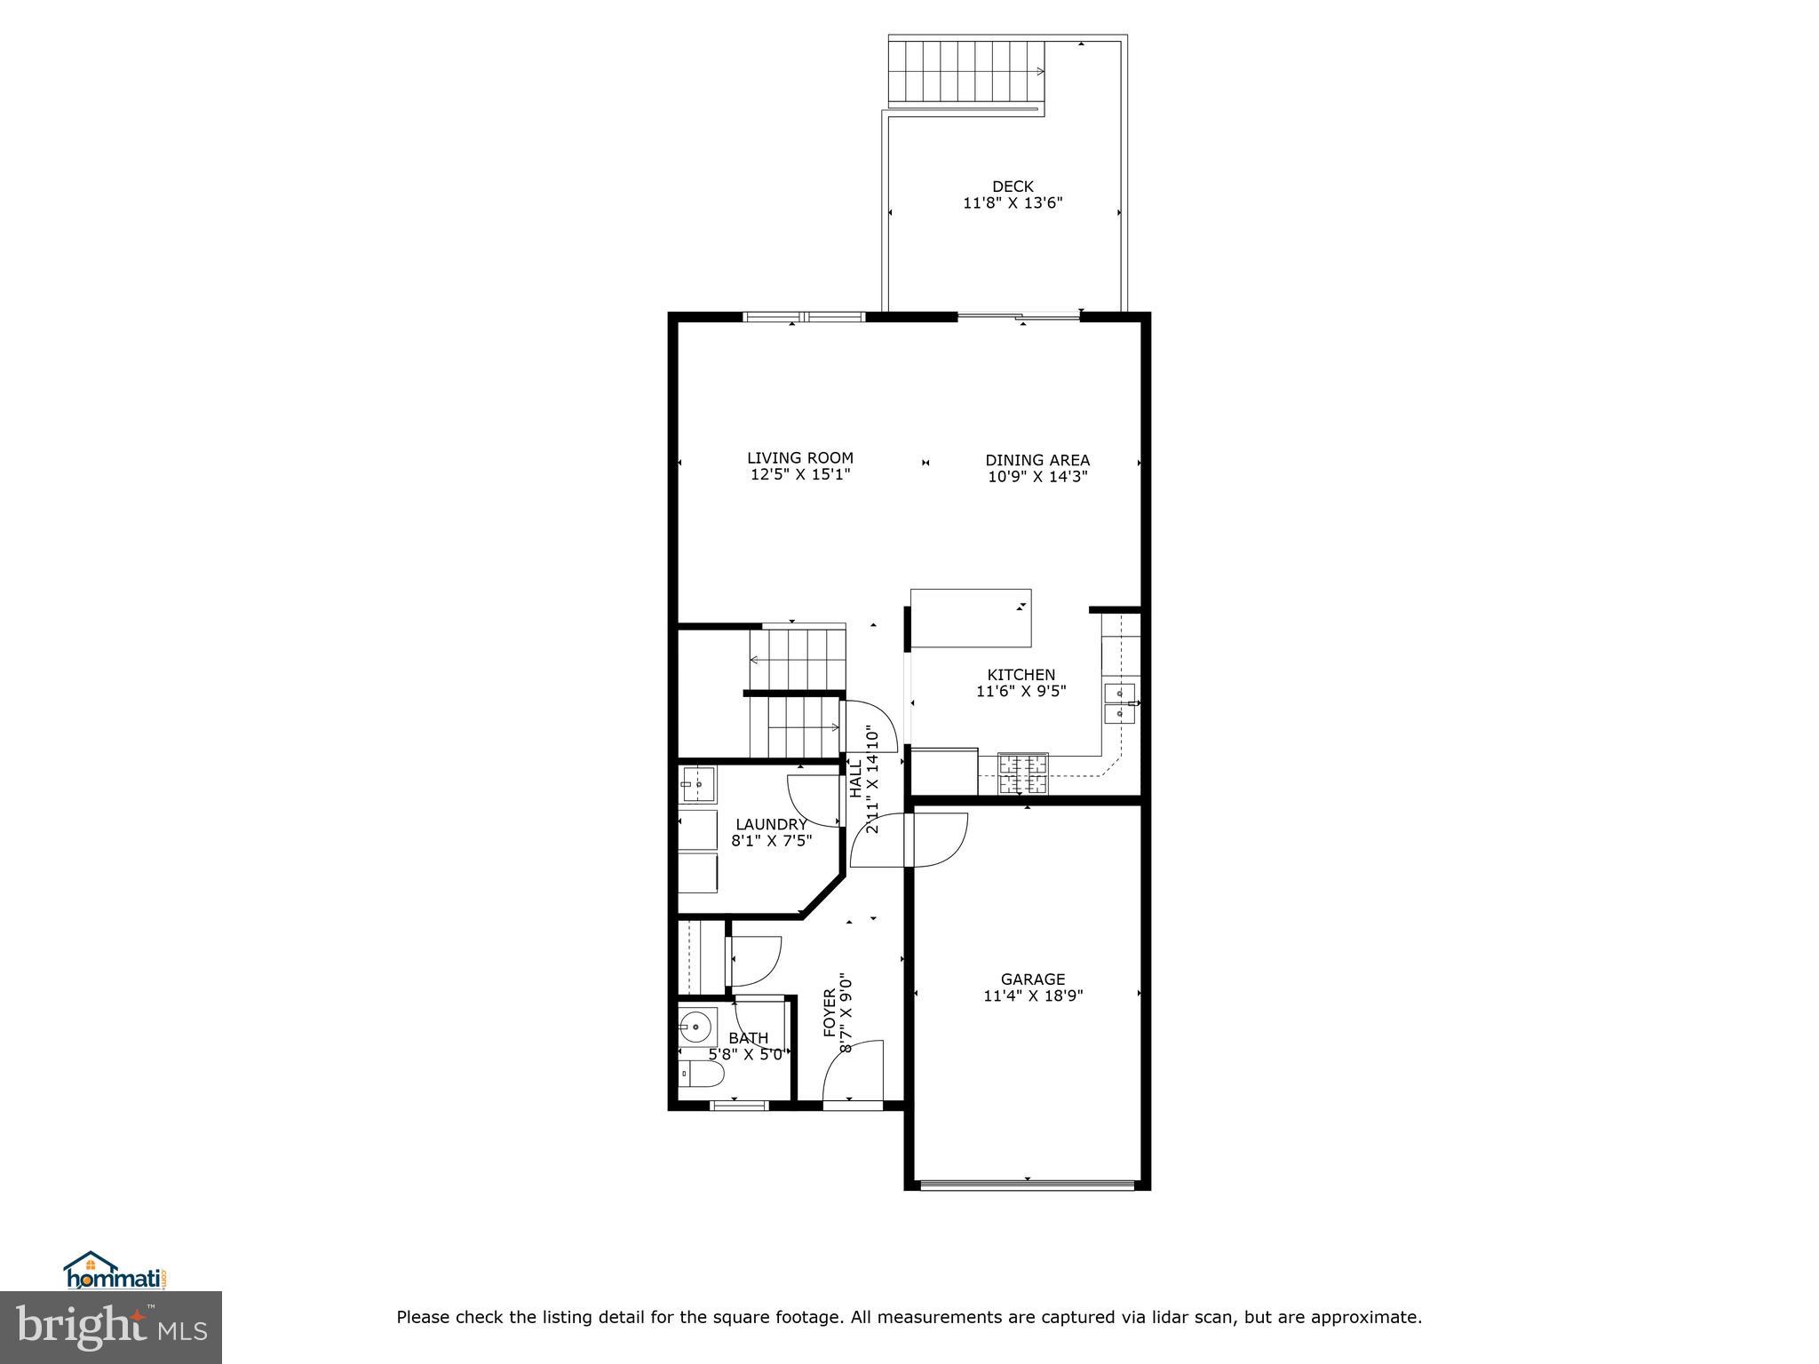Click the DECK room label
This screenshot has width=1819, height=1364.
pos(1013,186)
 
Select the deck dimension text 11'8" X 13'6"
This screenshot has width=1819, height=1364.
pos(1013,203)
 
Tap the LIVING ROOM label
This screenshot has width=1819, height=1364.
pos(799,458)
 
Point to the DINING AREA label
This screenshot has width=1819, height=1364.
pos(1037,460)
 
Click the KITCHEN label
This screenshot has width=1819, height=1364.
pos(1021,675)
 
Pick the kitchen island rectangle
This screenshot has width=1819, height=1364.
pos(971,618)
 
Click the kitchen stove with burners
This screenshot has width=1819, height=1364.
pos(1023,773)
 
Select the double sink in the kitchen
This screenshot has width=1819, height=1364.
pos(1119,702)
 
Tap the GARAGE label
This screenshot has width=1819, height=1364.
pos(1033,979)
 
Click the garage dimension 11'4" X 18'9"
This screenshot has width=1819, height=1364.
pos(1033,996)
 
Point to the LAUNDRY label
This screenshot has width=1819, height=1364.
pos(771,824)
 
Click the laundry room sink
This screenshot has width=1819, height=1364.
pos(698,784)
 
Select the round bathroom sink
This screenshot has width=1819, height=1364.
pos(697,1027)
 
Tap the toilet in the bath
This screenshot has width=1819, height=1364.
pos(701,1075)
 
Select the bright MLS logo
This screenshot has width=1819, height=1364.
pos(111,1328)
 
